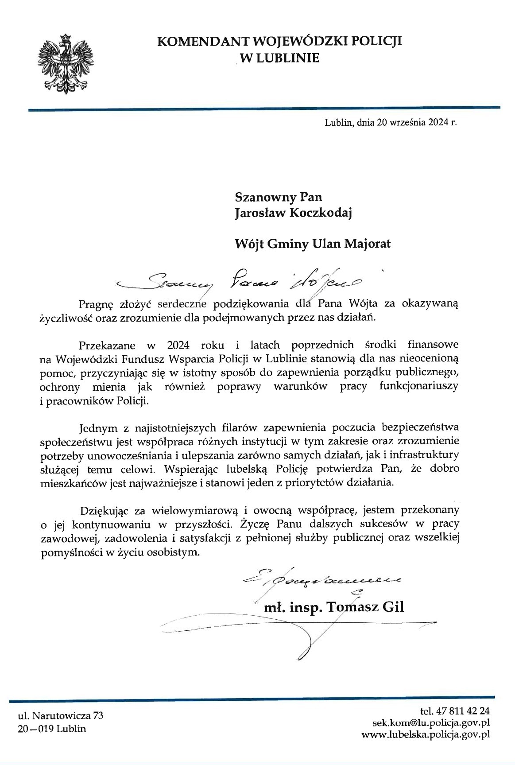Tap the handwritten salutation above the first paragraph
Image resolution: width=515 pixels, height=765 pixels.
(241, 280)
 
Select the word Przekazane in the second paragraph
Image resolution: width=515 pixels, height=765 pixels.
(105, 344)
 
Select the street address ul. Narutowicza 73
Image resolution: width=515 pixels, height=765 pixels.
(60, 715)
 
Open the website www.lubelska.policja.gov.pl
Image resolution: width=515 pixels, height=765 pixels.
(426, 734)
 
